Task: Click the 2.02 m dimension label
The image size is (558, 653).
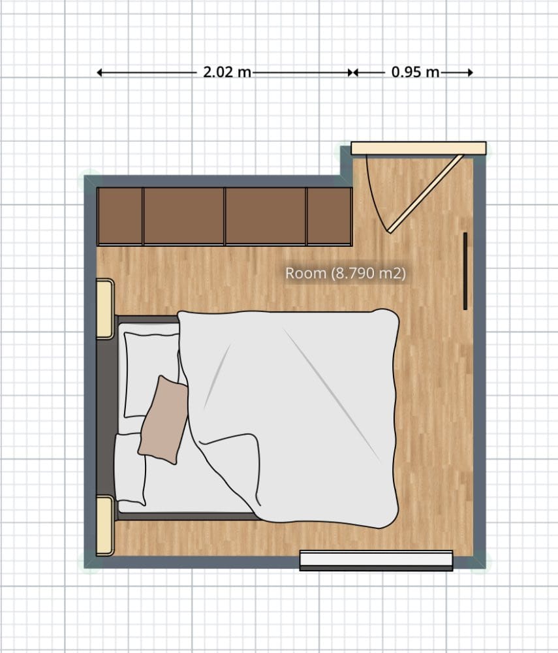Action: [x=227, y=72]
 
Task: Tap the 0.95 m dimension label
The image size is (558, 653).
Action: [x=416, y=72]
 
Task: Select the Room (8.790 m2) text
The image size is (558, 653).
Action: [x=345, y=274]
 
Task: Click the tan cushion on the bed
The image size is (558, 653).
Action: [x=163, y=419]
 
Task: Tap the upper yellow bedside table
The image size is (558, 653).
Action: [x=104, y=308]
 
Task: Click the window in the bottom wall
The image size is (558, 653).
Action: [x=376, y=560]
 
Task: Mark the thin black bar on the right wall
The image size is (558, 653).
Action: [x=465, y=271]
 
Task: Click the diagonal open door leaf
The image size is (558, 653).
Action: [x=425, y=193]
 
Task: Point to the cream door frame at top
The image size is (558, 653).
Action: [x=418, y=148]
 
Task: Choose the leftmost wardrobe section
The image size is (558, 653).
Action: [x=120, y=216]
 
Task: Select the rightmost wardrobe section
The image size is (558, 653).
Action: [x=330, y=216]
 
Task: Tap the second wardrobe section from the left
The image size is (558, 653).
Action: [x=184, y=216]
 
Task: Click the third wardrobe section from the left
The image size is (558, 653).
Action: [x=266, y=216]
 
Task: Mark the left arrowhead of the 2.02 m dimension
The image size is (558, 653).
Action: [x=100, y=73]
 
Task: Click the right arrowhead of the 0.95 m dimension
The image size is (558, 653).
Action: [x=469, y=73]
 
